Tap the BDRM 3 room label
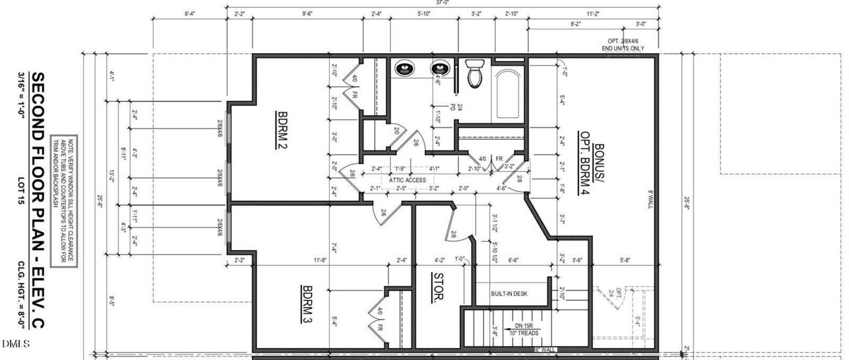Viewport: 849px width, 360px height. (x=307, y=304)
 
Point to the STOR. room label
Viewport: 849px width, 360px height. (x=438, y=288)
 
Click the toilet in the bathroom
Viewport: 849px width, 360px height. (x=475, y=73)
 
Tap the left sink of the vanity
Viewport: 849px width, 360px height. (x=404, y=68)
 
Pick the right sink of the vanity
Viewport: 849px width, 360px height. (x=439, y=68)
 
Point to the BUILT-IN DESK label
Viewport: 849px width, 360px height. (x=509, y=294)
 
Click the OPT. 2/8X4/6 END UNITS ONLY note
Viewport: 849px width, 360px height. (x=622, y=45)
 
